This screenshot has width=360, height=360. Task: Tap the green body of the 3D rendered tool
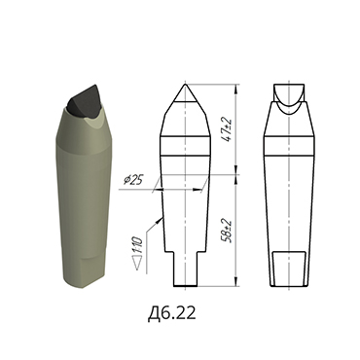[x=82, y=195]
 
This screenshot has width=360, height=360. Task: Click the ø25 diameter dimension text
[x=134, y=180]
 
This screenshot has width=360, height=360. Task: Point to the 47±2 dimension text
[x=227, y=126]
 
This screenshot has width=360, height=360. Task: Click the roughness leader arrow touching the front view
[x=160, y=200]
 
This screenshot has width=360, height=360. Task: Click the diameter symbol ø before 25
[x=128, y=181]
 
